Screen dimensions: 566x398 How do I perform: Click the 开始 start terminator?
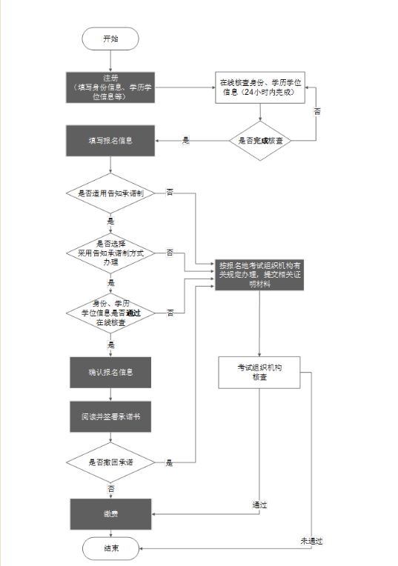[x=110, y=39]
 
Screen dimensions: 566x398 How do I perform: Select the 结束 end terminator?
[x=110, y=547]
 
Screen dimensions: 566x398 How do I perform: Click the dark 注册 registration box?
[x=110, y=87]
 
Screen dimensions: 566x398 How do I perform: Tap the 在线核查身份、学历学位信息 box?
[x=259, y=87]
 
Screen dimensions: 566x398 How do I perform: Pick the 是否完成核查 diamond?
[x=259, y=140]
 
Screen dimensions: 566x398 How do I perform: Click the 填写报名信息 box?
[x=110, y=140]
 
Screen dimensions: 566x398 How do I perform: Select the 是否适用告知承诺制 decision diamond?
[x=110, y=193]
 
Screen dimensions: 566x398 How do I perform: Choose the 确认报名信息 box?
[x=110, y=373]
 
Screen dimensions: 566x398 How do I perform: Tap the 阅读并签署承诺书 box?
[x=110, y=417]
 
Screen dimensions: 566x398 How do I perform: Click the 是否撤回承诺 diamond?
[x=110, y=463]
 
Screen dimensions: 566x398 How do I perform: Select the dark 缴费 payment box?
[x=110, y=513]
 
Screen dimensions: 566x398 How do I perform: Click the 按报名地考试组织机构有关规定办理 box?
[x=259, y=274]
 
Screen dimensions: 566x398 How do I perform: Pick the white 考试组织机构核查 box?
[x=259, y=372]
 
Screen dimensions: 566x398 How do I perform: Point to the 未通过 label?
[x=311, y=540]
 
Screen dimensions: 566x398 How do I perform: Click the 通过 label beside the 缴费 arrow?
[x=259, y=505]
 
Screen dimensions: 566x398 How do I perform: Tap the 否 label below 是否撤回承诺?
[x=110, y=489]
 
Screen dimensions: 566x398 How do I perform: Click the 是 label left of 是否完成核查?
[x=185, y=140]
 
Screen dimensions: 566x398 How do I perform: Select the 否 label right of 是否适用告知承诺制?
[x=170, y=193]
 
